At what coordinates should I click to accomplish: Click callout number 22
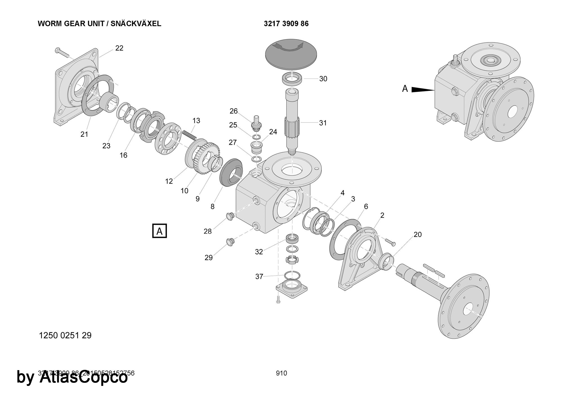[119, 48]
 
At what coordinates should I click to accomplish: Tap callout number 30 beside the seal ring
[323, 79]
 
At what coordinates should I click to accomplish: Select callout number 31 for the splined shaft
[323, 123]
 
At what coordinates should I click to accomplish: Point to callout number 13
[196, 120]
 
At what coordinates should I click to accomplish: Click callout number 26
[234, 111]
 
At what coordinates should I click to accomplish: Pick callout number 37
[259, 277]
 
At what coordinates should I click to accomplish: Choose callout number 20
[418, 234]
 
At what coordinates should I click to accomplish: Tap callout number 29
[209, 258]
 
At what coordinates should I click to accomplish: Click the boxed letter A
[160, 231]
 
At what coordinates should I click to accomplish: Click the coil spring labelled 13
[189, 134]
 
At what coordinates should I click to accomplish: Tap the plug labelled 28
[230, 216]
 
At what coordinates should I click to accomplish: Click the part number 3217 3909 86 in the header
[286, 24]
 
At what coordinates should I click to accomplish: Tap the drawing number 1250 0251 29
[65, 336]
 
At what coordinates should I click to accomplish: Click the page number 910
[281, 373]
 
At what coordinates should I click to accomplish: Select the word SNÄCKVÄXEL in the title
[136, 24]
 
